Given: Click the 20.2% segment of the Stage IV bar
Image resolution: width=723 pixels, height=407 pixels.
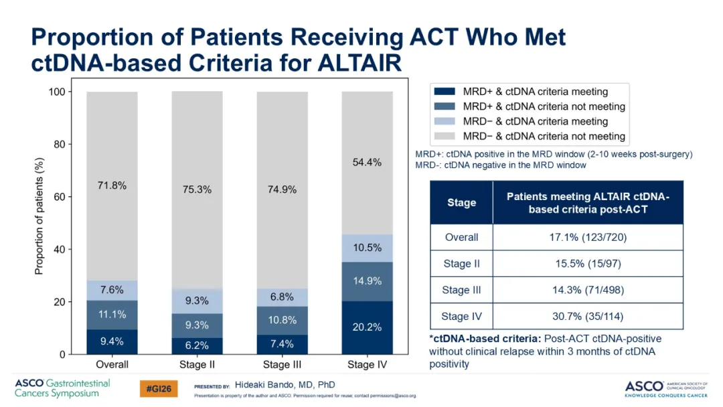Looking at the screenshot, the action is (x=367, y=327).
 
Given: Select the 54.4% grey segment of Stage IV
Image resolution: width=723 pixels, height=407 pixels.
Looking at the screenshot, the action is (x=367, y=163).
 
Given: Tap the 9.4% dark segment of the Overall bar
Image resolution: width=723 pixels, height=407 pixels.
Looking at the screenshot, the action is (x=112, y=341).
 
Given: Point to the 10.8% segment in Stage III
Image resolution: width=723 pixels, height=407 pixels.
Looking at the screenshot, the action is (x=283, y=321).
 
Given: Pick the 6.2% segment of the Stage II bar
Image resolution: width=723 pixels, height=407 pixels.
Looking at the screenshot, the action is (x=197, y=345).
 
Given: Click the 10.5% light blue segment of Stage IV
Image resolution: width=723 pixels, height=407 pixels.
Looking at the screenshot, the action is (x=367, y=248).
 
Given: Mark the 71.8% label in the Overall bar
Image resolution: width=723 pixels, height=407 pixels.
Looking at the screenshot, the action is (x=112, y=185).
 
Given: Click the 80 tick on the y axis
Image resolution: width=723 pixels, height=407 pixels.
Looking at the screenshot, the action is (x=59, y=145).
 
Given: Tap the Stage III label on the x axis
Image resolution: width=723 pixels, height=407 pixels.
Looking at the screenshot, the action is (x=283, y=365).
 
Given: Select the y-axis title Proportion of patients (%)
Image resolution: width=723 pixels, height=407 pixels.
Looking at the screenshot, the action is (x=39, y=216).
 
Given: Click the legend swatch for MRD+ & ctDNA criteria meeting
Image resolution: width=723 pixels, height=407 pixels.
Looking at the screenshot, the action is (x=445, y=92).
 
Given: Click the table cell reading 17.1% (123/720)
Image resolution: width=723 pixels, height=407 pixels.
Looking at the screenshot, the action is (x=588, y=238).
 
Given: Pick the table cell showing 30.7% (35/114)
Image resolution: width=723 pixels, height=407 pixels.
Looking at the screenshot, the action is (x=588, y=317).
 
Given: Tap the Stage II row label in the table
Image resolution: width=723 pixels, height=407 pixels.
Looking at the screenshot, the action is (x=461, y=264).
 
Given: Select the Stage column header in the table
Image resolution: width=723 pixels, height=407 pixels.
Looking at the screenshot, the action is (x=461, y=203).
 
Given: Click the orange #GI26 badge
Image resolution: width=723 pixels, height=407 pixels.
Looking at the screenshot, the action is (x=159, y=389).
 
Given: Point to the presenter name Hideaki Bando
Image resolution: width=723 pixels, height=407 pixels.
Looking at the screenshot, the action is (x=264, y=385).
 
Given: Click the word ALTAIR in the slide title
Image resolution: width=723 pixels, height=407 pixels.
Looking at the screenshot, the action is (x=359, y=63).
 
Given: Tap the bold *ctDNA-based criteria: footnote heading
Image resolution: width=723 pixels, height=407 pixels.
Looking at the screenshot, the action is (x=485, y=339).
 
